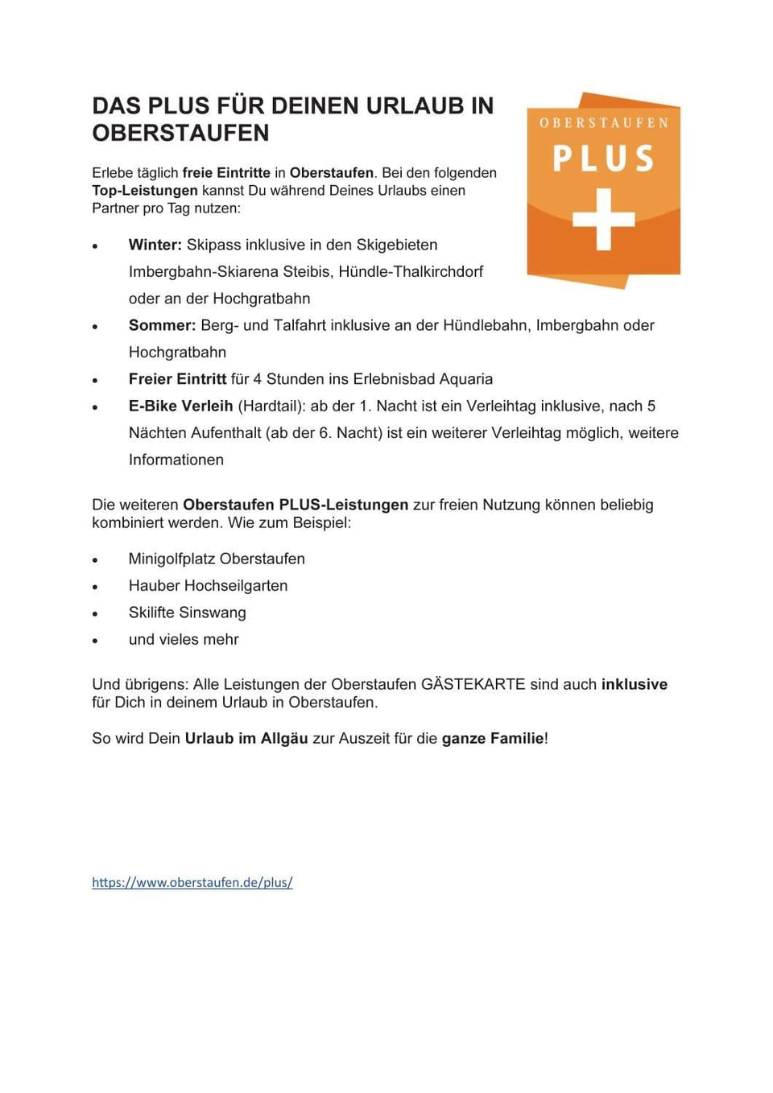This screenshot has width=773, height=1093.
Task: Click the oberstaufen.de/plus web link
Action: click(x=192, y=882)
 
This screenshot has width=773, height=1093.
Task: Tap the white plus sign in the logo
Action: click(x=603, y=219)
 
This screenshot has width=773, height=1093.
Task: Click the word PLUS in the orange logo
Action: click(x=603, y=159)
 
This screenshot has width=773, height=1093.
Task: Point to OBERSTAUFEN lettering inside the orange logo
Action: click(x=603, y=123)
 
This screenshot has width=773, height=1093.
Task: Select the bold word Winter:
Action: click(x=155, y=245)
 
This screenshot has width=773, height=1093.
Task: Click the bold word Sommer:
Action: click(x=162, y=325)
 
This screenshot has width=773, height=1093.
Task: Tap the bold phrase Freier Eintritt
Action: click(x=177, y=379)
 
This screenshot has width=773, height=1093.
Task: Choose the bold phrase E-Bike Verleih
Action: click(x=180, y=406)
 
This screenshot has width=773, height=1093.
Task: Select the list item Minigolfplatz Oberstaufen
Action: click(x=217, y=559)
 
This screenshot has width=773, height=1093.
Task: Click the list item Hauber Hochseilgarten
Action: click(x=208, y=585)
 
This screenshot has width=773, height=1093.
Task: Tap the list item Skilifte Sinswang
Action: click(x=187, y=612)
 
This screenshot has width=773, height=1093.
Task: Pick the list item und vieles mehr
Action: click(x=184, y=639)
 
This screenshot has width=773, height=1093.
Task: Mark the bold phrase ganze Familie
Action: click(x=493, y=738)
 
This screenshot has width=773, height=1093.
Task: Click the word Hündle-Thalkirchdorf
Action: click(x=411, y=271)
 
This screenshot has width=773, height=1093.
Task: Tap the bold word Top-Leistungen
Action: click(x=145, y=191)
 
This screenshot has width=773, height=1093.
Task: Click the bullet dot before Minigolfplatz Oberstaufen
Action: click(x=95, y=560)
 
